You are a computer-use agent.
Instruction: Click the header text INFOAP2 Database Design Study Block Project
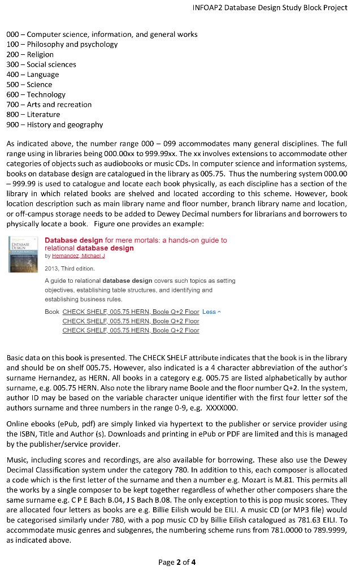coord(270,8)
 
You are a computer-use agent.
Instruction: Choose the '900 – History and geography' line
coord(55,124)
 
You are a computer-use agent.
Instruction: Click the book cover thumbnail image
coord(23,255)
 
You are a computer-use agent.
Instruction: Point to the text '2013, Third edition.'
coord(70,269)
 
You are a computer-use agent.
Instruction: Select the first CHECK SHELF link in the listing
coord(131,312)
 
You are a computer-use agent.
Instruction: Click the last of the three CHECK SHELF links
coord(131,330)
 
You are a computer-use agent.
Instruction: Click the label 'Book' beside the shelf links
coord(51,312)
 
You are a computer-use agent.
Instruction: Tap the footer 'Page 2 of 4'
coord(177,563)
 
